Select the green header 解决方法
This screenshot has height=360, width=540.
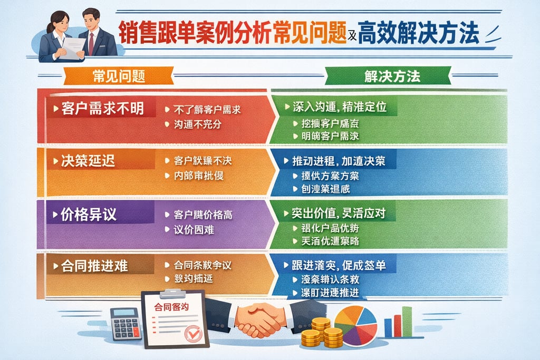(392, 76)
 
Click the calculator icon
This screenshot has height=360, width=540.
(126, 323)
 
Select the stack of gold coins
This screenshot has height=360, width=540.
(322, 334)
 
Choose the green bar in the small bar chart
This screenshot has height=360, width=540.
(407, 322)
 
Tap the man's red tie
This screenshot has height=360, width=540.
(91, 44)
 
